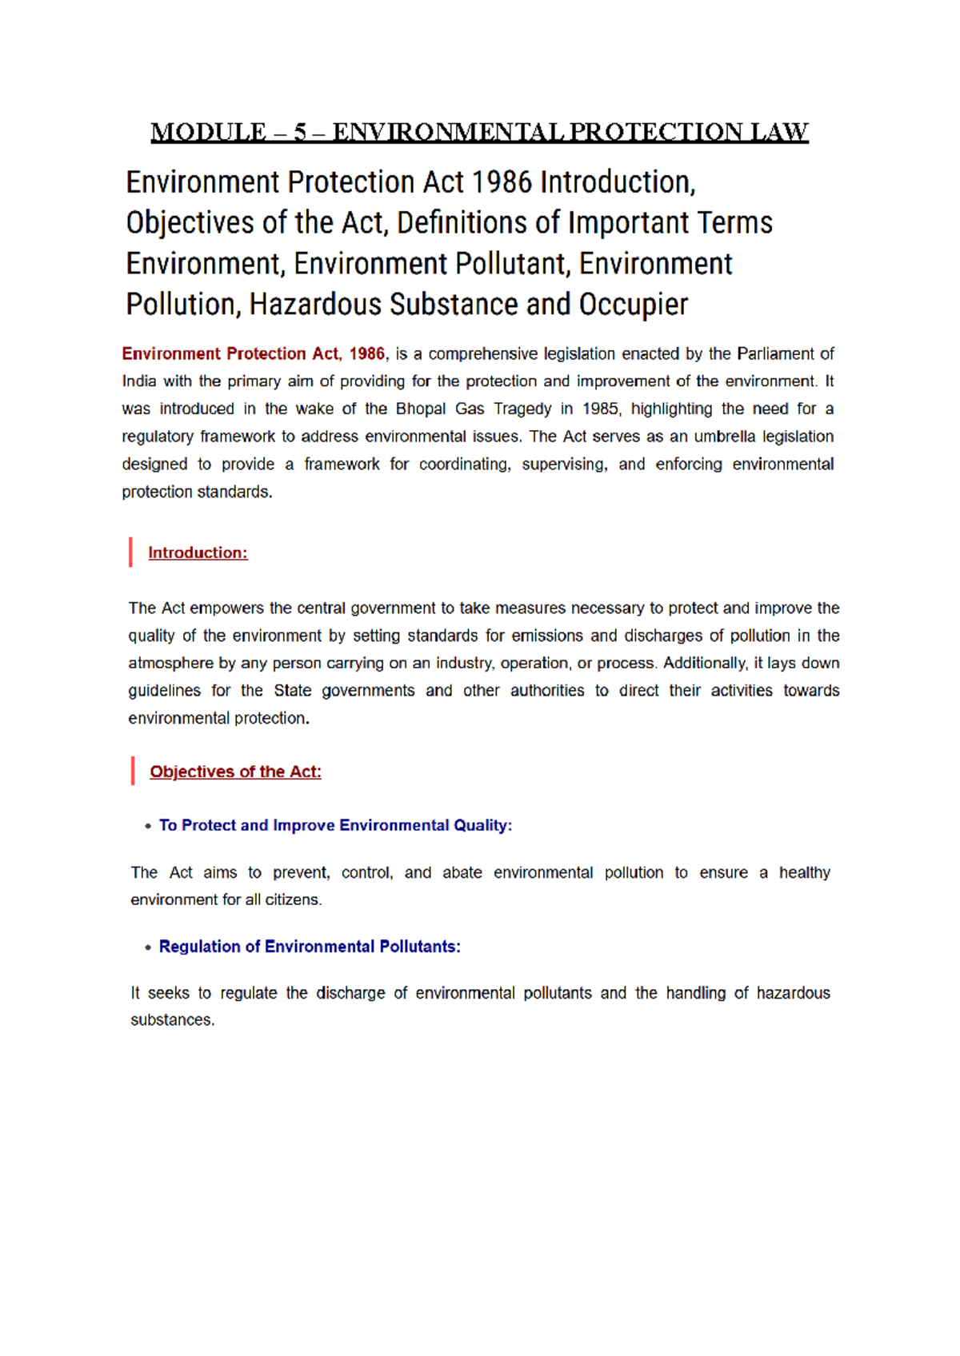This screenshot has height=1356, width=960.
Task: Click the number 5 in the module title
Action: point(301,132)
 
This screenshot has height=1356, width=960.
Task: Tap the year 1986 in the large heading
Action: point(502,182)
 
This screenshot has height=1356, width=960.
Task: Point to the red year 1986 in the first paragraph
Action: point(366,353)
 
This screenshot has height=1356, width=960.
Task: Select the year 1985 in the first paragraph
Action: point(600,409)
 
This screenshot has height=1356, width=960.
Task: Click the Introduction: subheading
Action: point(198,552)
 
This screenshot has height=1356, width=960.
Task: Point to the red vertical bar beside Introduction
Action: point(130,552)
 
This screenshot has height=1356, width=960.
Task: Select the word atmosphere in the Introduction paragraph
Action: point(170,663)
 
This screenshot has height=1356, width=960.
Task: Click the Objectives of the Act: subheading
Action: point(235,772)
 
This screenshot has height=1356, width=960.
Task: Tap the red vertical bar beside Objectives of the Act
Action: point(133,772)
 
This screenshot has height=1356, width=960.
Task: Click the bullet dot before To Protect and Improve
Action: point(148,826)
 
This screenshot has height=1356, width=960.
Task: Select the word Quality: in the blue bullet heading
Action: point(482,825)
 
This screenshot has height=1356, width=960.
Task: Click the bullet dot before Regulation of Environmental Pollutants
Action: point(148,947)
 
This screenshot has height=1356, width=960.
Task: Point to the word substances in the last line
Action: point(172,1020)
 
